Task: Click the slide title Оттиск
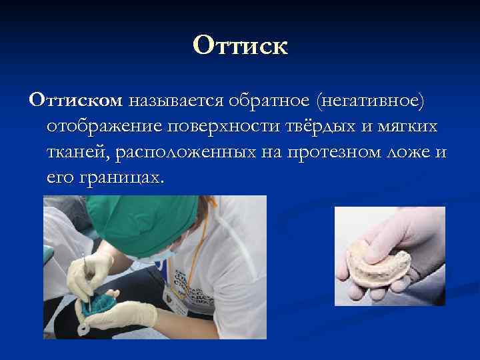[x=240, y=46]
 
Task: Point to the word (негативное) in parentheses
[x=371, y=101]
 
